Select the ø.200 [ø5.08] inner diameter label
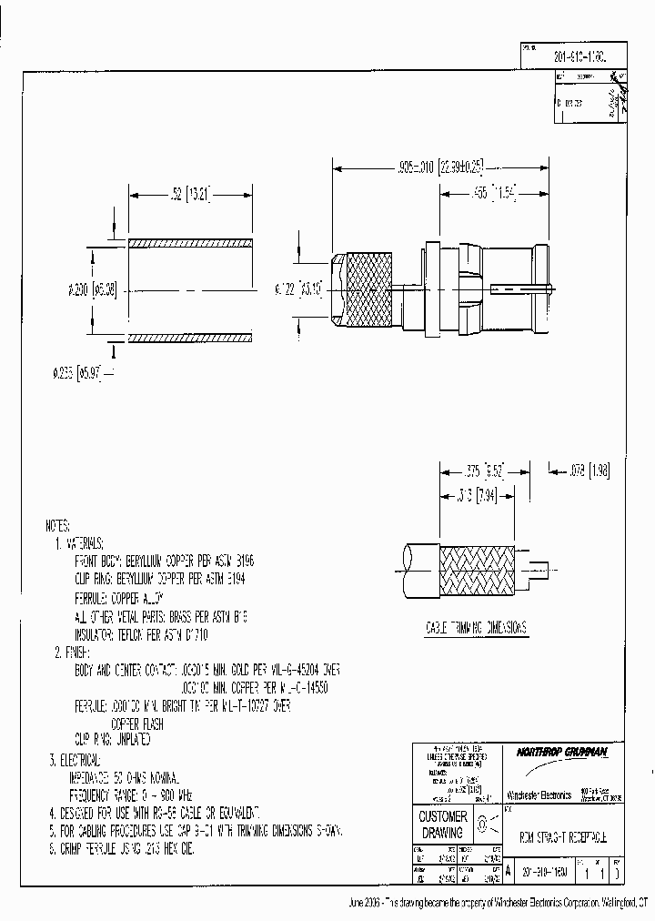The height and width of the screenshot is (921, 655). [91, 290]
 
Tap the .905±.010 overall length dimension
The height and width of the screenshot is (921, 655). [440, 167]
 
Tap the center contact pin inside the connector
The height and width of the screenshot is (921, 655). [519, 289]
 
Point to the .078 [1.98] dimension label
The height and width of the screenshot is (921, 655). [590, 471]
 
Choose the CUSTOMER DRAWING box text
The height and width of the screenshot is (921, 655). [442, 824]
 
